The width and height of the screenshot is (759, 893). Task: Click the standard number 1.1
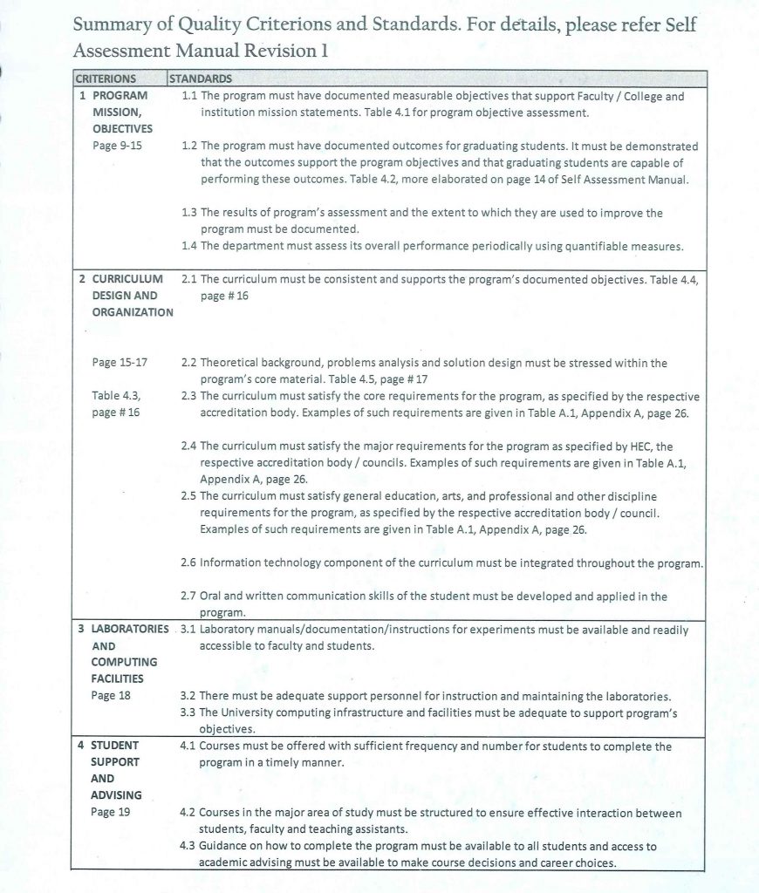(188, 96)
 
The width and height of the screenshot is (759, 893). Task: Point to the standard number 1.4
(188, 246)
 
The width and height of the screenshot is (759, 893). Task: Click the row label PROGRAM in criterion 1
(120, 96)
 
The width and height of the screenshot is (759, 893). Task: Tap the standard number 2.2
(188, 363)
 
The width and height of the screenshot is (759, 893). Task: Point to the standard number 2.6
(188, 562)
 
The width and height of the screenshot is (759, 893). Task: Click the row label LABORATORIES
(131, 629)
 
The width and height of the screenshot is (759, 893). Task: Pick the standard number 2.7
(188, 596)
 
